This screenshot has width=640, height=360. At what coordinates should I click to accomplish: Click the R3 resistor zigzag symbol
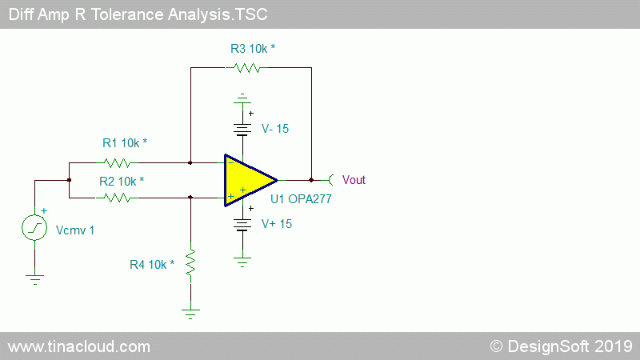[246, 68]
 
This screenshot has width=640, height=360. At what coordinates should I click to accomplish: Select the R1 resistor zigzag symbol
[117, 163]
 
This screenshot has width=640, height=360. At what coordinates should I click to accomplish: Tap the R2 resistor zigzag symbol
[117, 198]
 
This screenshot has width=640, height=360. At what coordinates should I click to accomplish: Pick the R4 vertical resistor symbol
[190, 262]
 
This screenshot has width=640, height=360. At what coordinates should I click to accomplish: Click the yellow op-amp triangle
[246, 181]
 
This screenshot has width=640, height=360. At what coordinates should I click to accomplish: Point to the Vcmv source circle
[34, 228]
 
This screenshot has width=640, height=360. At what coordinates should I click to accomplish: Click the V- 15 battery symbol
[242, 130]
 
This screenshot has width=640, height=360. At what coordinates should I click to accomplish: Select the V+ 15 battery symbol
[242, 225]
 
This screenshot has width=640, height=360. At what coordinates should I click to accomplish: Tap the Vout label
[354, 180]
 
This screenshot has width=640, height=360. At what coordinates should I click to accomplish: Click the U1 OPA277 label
[301, 199]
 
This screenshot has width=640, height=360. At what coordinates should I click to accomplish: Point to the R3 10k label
[253, 49]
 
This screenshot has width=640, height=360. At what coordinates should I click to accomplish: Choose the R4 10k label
[152, 265]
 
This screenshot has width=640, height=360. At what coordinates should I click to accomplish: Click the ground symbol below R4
[190, 314]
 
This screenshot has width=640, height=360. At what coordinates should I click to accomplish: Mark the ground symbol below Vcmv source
[34, 279]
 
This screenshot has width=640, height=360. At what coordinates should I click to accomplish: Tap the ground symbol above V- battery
[242, 98]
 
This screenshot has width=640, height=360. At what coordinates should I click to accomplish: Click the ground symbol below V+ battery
[242, 262]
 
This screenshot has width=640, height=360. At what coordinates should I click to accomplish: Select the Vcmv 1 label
[75, 230]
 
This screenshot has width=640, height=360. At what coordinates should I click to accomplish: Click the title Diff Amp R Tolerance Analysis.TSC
[138, 14]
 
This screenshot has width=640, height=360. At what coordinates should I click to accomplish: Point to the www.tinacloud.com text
[79, 347]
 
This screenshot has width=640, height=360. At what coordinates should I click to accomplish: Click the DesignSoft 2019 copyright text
[562, 346]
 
